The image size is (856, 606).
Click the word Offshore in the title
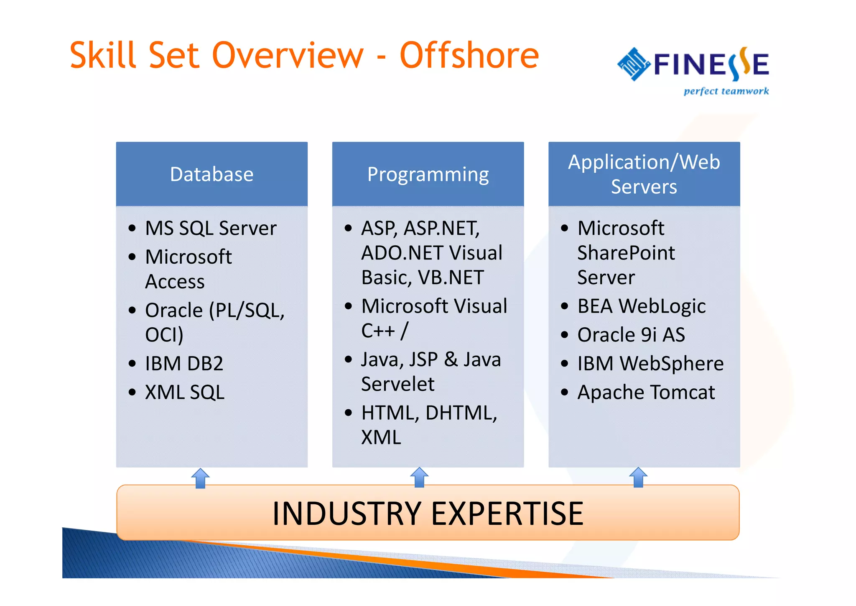469,56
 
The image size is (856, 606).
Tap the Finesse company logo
693,65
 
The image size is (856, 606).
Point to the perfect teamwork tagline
726,91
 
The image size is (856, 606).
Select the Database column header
211,174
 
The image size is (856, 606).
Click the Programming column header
428,174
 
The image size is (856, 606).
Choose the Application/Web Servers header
644,174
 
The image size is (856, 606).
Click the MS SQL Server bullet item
211,229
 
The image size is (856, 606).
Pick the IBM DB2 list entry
184,363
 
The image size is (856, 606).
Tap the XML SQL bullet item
185,392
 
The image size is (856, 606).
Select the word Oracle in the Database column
174,311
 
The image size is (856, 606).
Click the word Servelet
397,384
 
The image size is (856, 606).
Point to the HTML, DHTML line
429,413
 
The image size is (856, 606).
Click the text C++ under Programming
378,331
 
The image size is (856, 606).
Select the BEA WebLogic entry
641,306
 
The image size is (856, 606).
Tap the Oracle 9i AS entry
631,335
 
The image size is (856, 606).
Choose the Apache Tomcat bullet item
646,393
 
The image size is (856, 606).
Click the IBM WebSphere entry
650,363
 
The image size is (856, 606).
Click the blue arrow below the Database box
200,478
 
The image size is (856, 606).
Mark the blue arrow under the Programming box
419,478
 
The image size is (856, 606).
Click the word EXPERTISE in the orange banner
507,514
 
